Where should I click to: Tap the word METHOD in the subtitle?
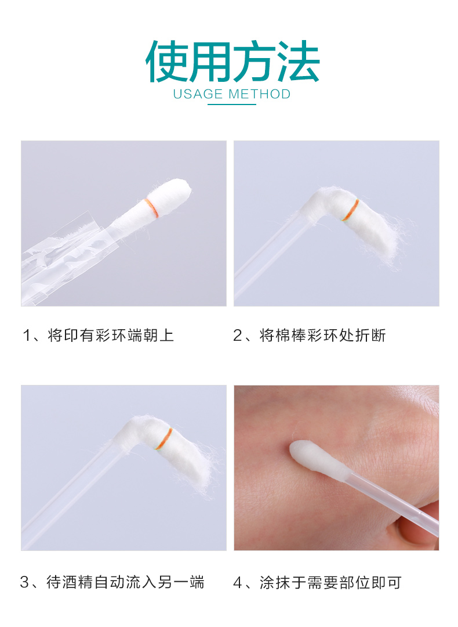coord(260,95)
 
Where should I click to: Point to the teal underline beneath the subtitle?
coord(232,105)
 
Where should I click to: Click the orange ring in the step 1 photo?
coord(152,208)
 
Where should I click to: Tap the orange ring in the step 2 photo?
coord(350,210)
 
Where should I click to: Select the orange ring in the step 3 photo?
coord(164,439)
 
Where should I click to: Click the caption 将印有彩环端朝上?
coord(111,335)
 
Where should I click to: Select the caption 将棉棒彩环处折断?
coord(323,335)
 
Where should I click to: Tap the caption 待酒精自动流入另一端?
coord(125,582)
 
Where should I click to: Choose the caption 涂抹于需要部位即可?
coord(330,583)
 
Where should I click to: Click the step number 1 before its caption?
coord(27,336)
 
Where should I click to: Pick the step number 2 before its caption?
coord(238,336)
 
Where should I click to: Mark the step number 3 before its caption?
coord(24,583)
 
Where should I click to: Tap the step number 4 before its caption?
coord(238,583)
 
